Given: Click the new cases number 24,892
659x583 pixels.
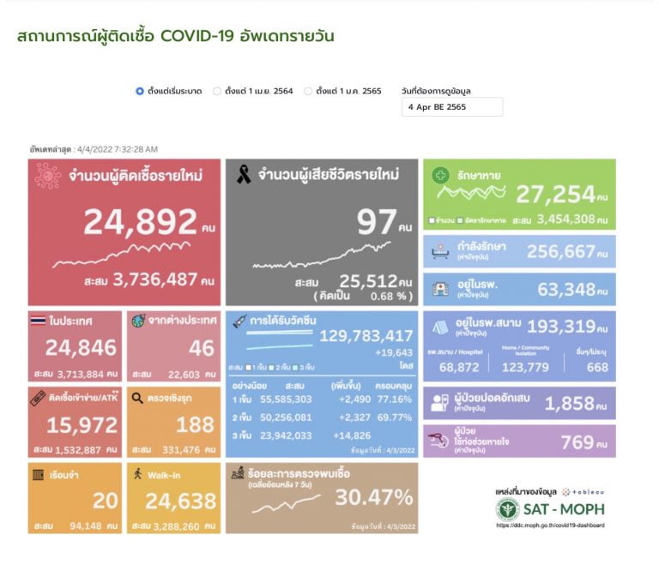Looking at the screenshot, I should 141,222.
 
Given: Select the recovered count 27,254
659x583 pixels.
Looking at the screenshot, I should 567,195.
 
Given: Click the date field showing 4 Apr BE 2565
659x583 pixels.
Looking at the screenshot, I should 451,107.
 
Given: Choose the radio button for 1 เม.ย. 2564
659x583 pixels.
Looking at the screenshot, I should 217,91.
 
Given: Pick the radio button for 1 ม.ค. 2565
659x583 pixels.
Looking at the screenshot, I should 308,91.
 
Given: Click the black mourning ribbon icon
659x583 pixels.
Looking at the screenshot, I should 244,176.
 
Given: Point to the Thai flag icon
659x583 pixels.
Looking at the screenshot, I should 38,321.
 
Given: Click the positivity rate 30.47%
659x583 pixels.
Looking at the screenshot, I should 374,497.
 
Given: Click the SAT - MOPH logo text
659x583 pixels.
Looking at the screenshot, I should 563,508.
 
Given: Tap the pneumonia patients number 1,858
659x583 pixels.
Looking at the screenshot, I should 577,404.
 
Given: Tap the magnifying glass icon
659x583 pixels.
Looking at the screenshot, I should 137,398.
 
